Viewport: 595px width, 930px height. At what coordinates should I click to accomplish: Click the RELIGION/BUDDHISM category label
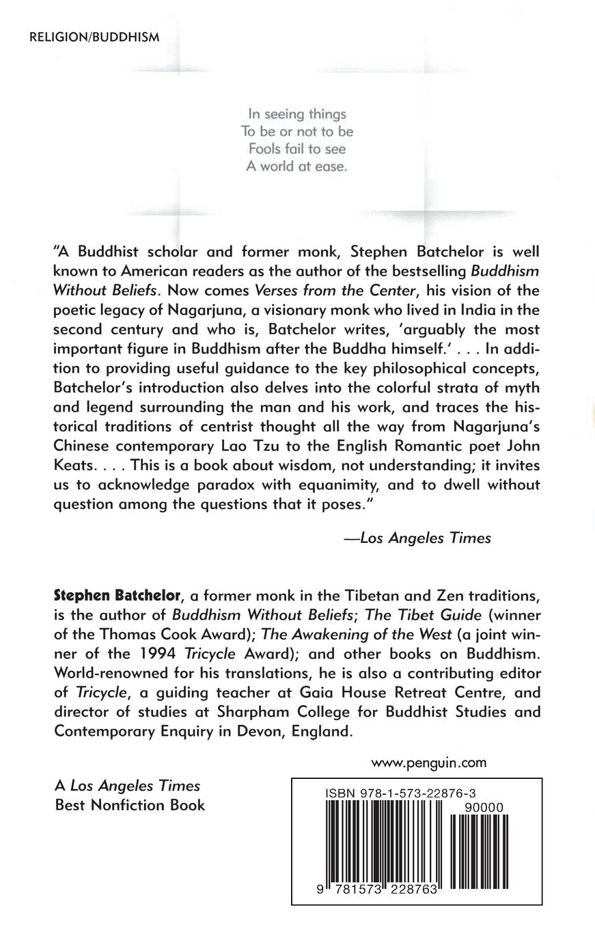(94, 37)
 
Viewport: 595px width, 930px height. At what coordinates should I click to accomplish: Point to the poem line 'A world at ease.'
(296, 166)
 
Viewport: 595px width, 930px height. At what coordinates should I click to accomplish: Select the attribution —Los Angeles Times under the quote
(417, 537)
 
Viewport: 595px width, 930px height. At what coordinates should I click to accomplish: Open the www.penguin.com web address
(428, 762)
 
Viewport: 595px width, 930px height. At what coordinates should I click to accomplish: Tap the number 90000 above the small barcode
(483, 808)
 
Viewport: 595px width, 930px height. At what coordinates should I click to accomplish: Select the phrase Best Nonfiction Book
(130, 805)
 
